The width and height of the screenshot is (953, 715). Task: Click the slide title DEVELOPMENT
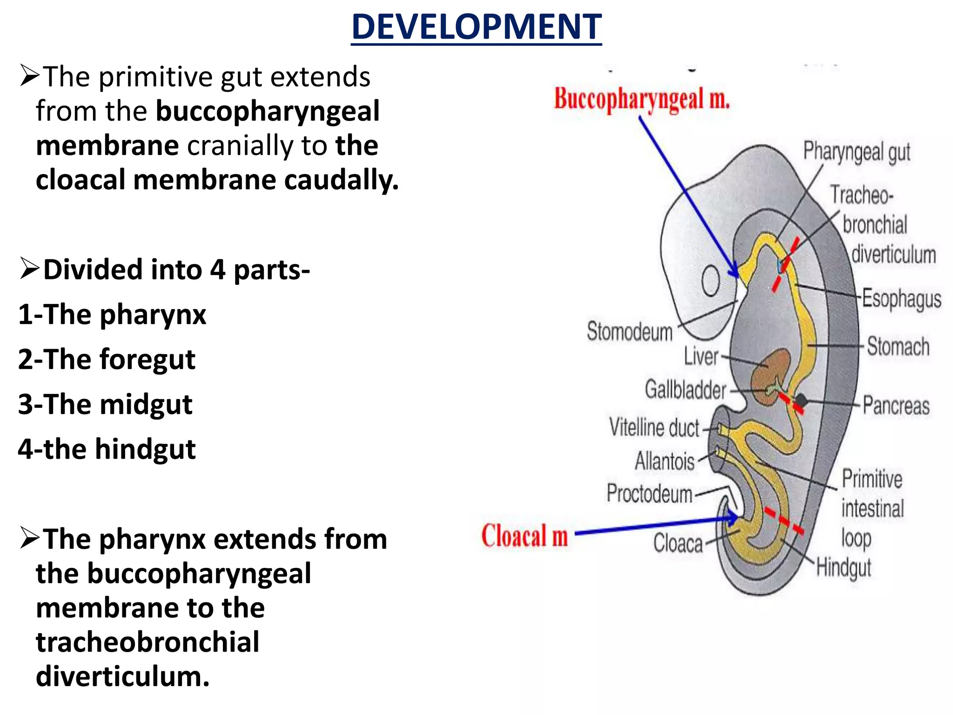point(476,27)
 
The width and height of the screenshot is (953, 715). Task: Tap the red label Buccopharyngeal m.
point(642,99)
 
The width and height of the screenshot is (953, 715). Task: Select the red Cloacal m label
point(524,536)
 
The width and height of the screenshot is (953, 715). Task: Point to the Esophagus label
point(901,298)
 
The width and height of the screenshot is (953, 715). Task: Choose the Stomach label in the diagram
point(898,347)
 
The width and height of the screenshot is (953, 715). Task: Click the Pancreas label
point(896,405)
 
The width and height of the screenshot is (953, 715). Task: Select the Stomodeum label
point(630,331)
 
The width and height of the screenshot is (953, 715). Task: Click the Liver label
point(701,357)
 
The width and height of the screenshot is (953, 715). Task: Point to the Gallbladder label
point(685,390)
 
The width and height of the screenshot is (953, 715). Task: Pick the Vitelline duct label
point(654,427)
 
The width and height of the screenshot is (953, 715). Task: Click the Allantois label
point(664,461)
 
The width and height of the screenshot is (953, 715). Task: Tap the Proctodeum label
point(650,493)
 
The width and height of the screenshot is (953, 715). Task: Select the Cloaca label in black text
point(678,543)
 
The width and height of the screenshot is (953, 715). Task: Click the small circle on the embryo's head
point(711,281)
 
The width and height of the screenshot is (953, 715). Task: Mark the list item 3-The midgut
point(105,404)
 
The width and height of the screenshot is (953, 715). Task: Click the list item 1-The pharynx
point(112,315)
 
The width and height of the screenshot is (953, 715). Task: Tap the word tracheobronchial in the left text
point(148,642)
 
